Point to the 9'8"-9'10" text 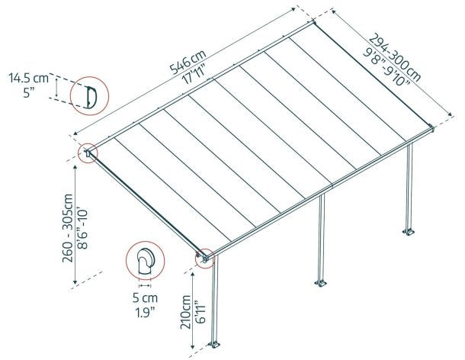(x=386, y=66)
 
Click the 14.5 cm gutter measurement (x=28, y=78)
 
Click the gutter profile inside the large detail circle (x=89, y=97)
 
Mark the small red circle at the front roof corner (x=204, y=257)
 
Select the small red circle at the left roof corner (x=88, y=152)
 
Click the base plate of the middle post (x=320, y=284)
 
